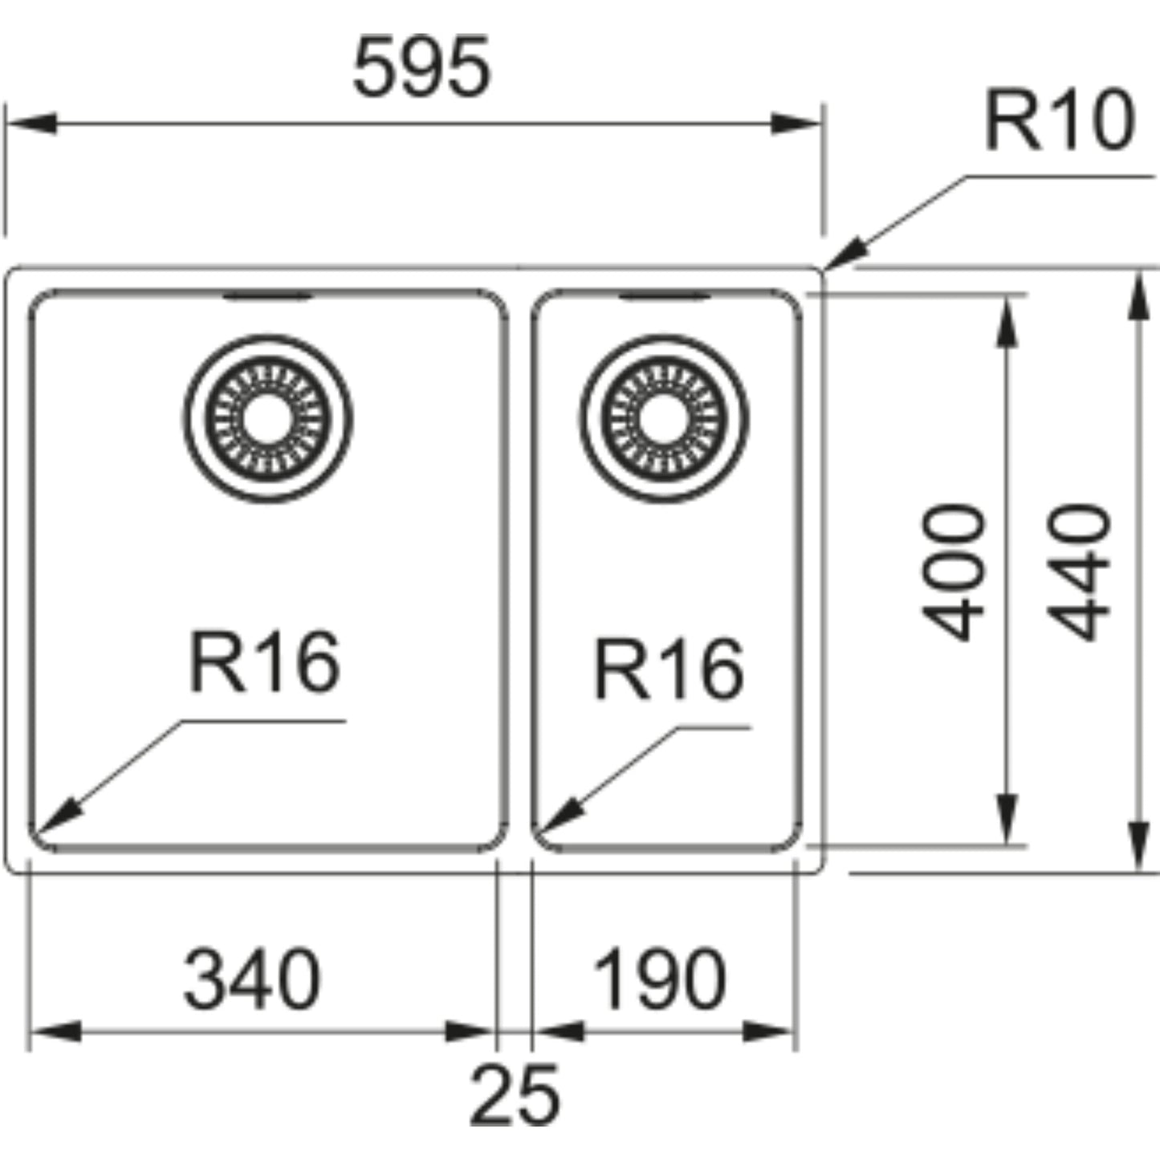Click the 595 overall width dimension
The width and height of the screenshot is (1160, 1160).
pos(421,67)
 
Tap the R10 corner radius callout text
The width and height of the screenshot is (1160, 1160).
pos(1059,121)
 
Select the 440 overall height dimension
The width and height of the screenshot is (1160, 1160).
pos(1080,572)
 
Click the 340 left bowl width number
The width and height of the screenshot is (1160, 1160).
pos(252,980)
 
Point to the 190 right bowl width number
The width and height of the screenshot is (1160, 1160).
pos(659,980)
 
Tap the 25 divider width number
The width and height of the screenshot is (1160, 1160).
pos(514,1095)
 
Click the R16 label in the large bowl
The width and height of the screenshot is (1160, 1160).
pos(265,662)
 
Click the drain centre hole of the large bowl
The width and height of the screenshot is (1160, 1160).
pos(267,418)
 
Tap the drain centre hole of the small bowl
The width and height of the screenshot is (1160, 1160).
pos(663,418)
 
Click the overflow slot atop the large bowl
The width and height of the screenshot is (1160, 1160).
pos(267,297)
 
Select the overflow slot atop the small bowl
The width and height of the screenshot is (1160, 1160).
pos(664,297)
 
